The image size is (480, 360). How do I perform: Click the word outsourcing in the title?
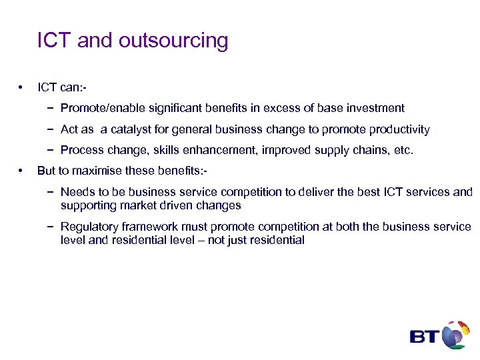pyautogui.click(x=173, y=41)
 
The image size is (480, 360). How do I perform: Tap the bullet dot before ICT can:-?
pyautogui.click(x=22, y=87)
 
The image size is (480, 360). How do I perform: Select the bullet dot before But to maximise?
pyautogui.click(x=22, y=171)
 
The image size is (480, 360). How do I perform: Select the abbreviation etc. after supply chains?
pyautogui.click(x=403, y=151)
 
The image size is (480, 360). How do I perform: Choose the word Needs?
pyautogui.click(x=76, y=192)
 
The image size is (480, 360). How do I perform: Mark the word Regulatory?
pyautogui.click(x=88, y=227)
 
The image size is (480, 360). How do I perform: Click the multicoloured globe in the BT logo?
pyautogui.click(x=456, y=335)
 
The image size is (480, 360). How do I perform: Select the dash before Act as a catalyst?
pyautogui.click(x=51, y=129)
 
